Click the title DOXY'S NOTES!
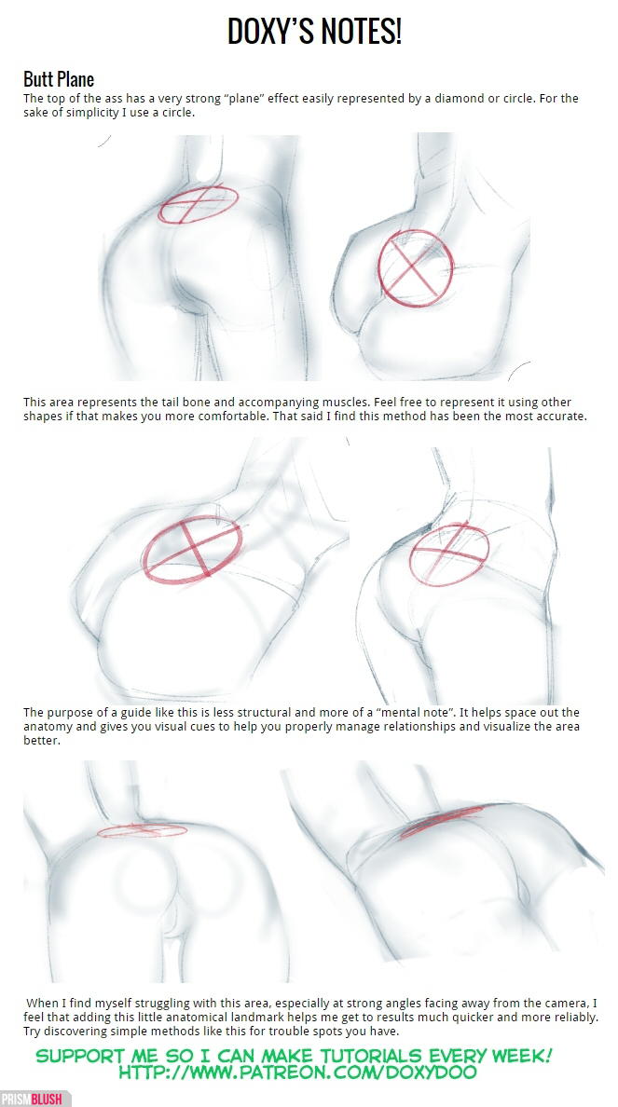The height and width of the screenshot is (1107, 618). (314, 32)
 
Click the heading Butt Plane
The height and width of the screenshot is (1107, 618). (59, 78)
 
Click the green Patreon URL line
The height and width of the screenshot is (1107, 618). (297, 1073)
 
